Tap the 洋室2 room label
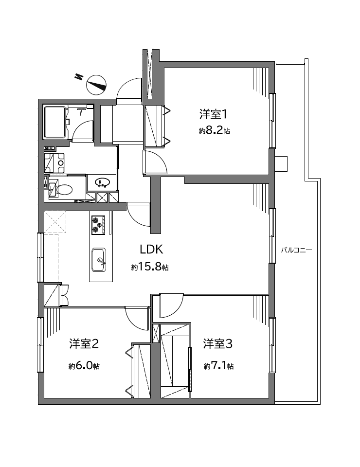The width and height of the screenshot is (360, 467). [x=84, y=344]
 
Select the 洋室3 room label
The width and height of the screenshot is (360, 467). [x=217, y=344]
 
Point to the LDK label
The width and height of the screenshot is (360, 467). [x=151, y=250]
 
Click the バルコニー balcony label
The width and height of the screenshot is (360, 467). [x=297, y=250]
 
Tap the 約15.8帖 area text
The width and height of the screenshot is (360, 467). [x=150, y=267]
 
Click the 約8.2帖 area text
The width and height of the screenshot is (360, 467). [x=214, y=130]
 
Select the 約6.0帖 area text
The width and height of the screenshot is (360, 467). [x=84, y=366]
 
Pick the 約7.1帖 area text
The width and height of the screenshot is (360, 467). [x=218, y=366]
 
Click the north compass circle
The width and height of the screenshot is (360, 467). [x=96, y=85]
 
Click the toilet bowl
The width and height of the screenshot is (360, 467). [x=64, y=190]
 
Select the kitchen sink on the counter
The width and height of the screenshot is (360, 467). [x=98, y=260]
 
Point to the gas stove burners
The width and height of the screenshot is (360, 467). [x=98, y=225]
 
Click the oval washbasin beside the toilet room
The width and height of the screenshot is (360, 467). [x=103, y=182]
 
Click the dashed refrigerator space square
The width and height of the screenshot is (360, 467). [x=55, y=222]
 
